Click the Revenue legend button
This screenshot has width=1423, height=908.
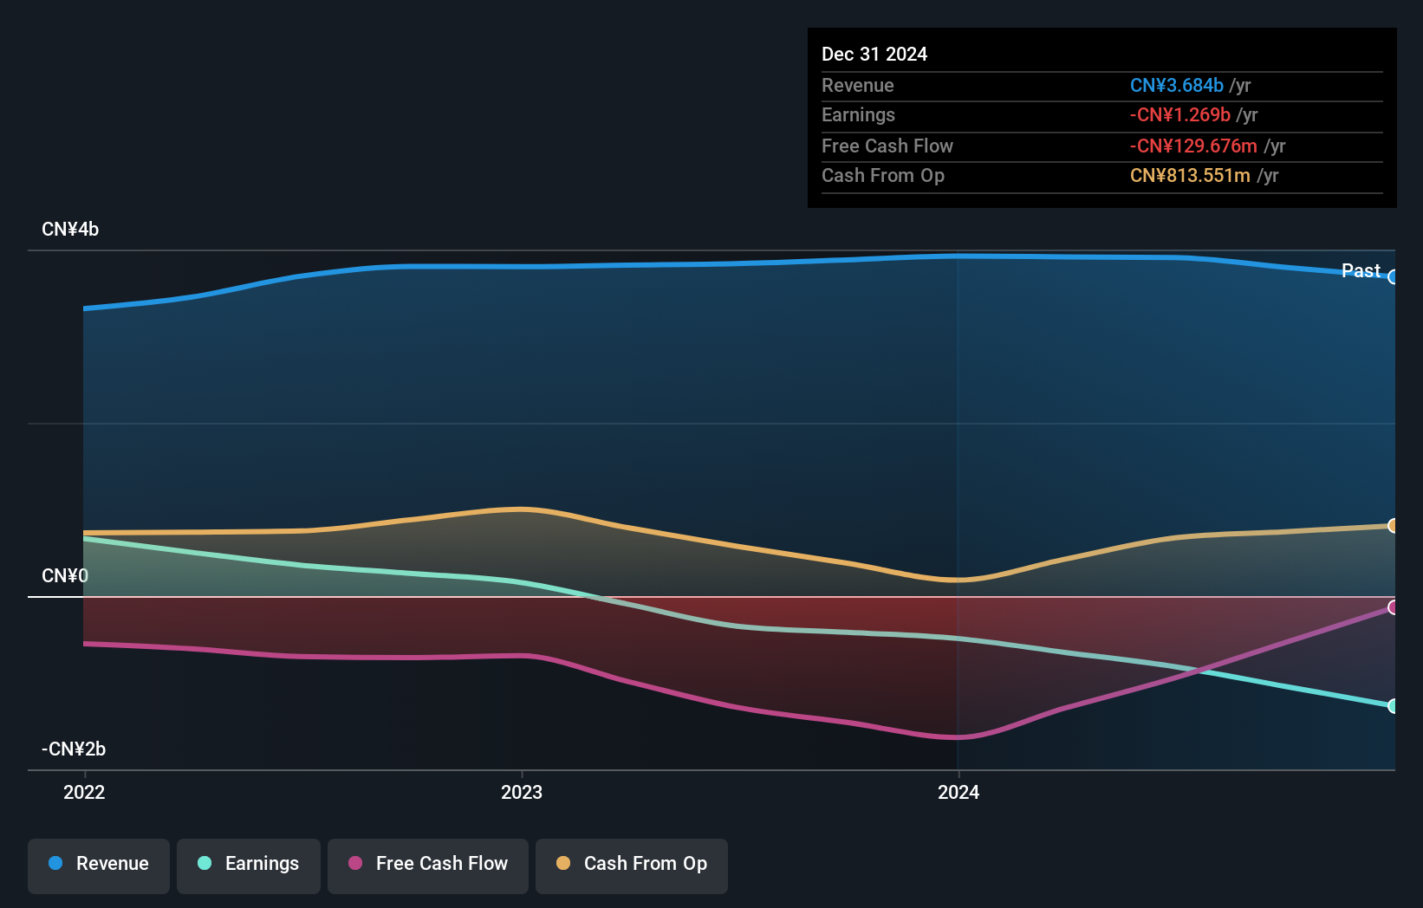point(99,865)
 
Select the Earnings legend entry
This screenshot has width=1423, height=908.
point(249,865)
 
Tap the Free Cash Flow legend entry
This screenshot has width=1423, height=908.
point(428,865)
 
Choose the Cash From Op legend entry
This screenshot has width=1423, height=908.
point(632,865)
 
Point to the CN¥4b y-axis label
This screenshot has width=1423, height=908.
point(70,230)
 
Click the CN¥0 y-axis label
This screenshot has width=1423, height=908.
point(65,576)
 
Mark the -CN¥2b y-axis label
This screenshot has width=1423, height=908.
point(74,749)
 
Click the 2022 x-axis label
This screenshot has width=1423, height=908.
point(84,793)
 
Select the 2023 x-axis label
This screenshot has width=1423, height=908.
point(522,793)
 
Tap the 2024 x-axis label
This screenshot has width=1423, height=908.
point(958,793)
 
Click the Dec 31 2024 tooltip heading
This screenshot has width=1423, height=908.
point(874,55)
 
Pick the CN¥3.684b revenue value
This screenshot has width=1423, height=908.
point(1176,86)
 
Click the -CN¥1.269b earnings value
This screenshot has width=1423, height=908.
point(1179,115)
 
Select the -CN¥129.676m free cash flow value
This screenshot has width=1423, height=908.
point(1193,146)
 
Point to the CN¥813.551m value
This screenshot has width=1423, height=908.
point(1190,176)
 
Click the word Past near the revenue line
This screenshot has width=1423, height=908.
point(1361,271)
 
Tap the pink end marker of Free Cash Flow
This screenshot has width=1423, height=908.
point(1393,607)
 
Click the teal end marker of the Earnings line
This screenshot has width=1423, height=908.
point(1393,706)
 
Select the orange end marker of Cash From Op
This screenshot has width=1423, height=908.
point(1393,526)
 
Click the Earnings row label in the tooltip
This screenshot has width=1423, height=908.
point(858,115)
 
